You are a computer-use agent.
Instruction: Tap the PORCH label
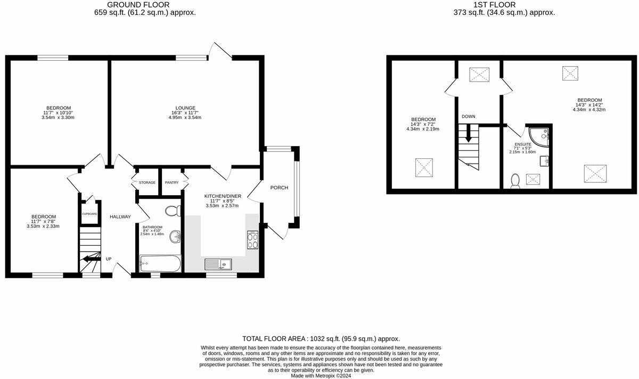pyautogui.click(x=279, y=188)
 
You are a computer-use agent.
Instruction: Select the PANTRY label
pyautogui.click(x=171, y=183)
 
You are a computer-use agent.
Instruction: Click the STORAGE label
pyautogui.click(x=147, y=183)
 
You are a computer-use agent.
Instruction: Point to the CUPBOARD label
pyautogui.click(x=89, y=214)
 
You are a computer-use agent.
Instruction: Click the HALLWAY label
pyautogui.click(x=120, y=217)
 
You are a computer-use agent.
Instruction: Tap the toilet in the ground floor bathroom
pyautogui.click(x=173, y=212)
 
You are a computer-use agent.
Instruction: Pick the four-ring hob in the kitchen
pyautogui.click(x=251, y=241)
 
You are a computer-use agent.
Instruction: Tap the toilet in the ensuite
pyautogui.click(x=515, y=181)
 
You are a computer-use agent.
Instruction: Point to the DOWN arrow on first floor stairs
pyautogui.click(x=469, y=134)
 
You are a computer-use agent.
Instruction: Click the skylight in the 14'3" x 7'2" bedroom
pyautogui.click(x=424, y=167)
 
